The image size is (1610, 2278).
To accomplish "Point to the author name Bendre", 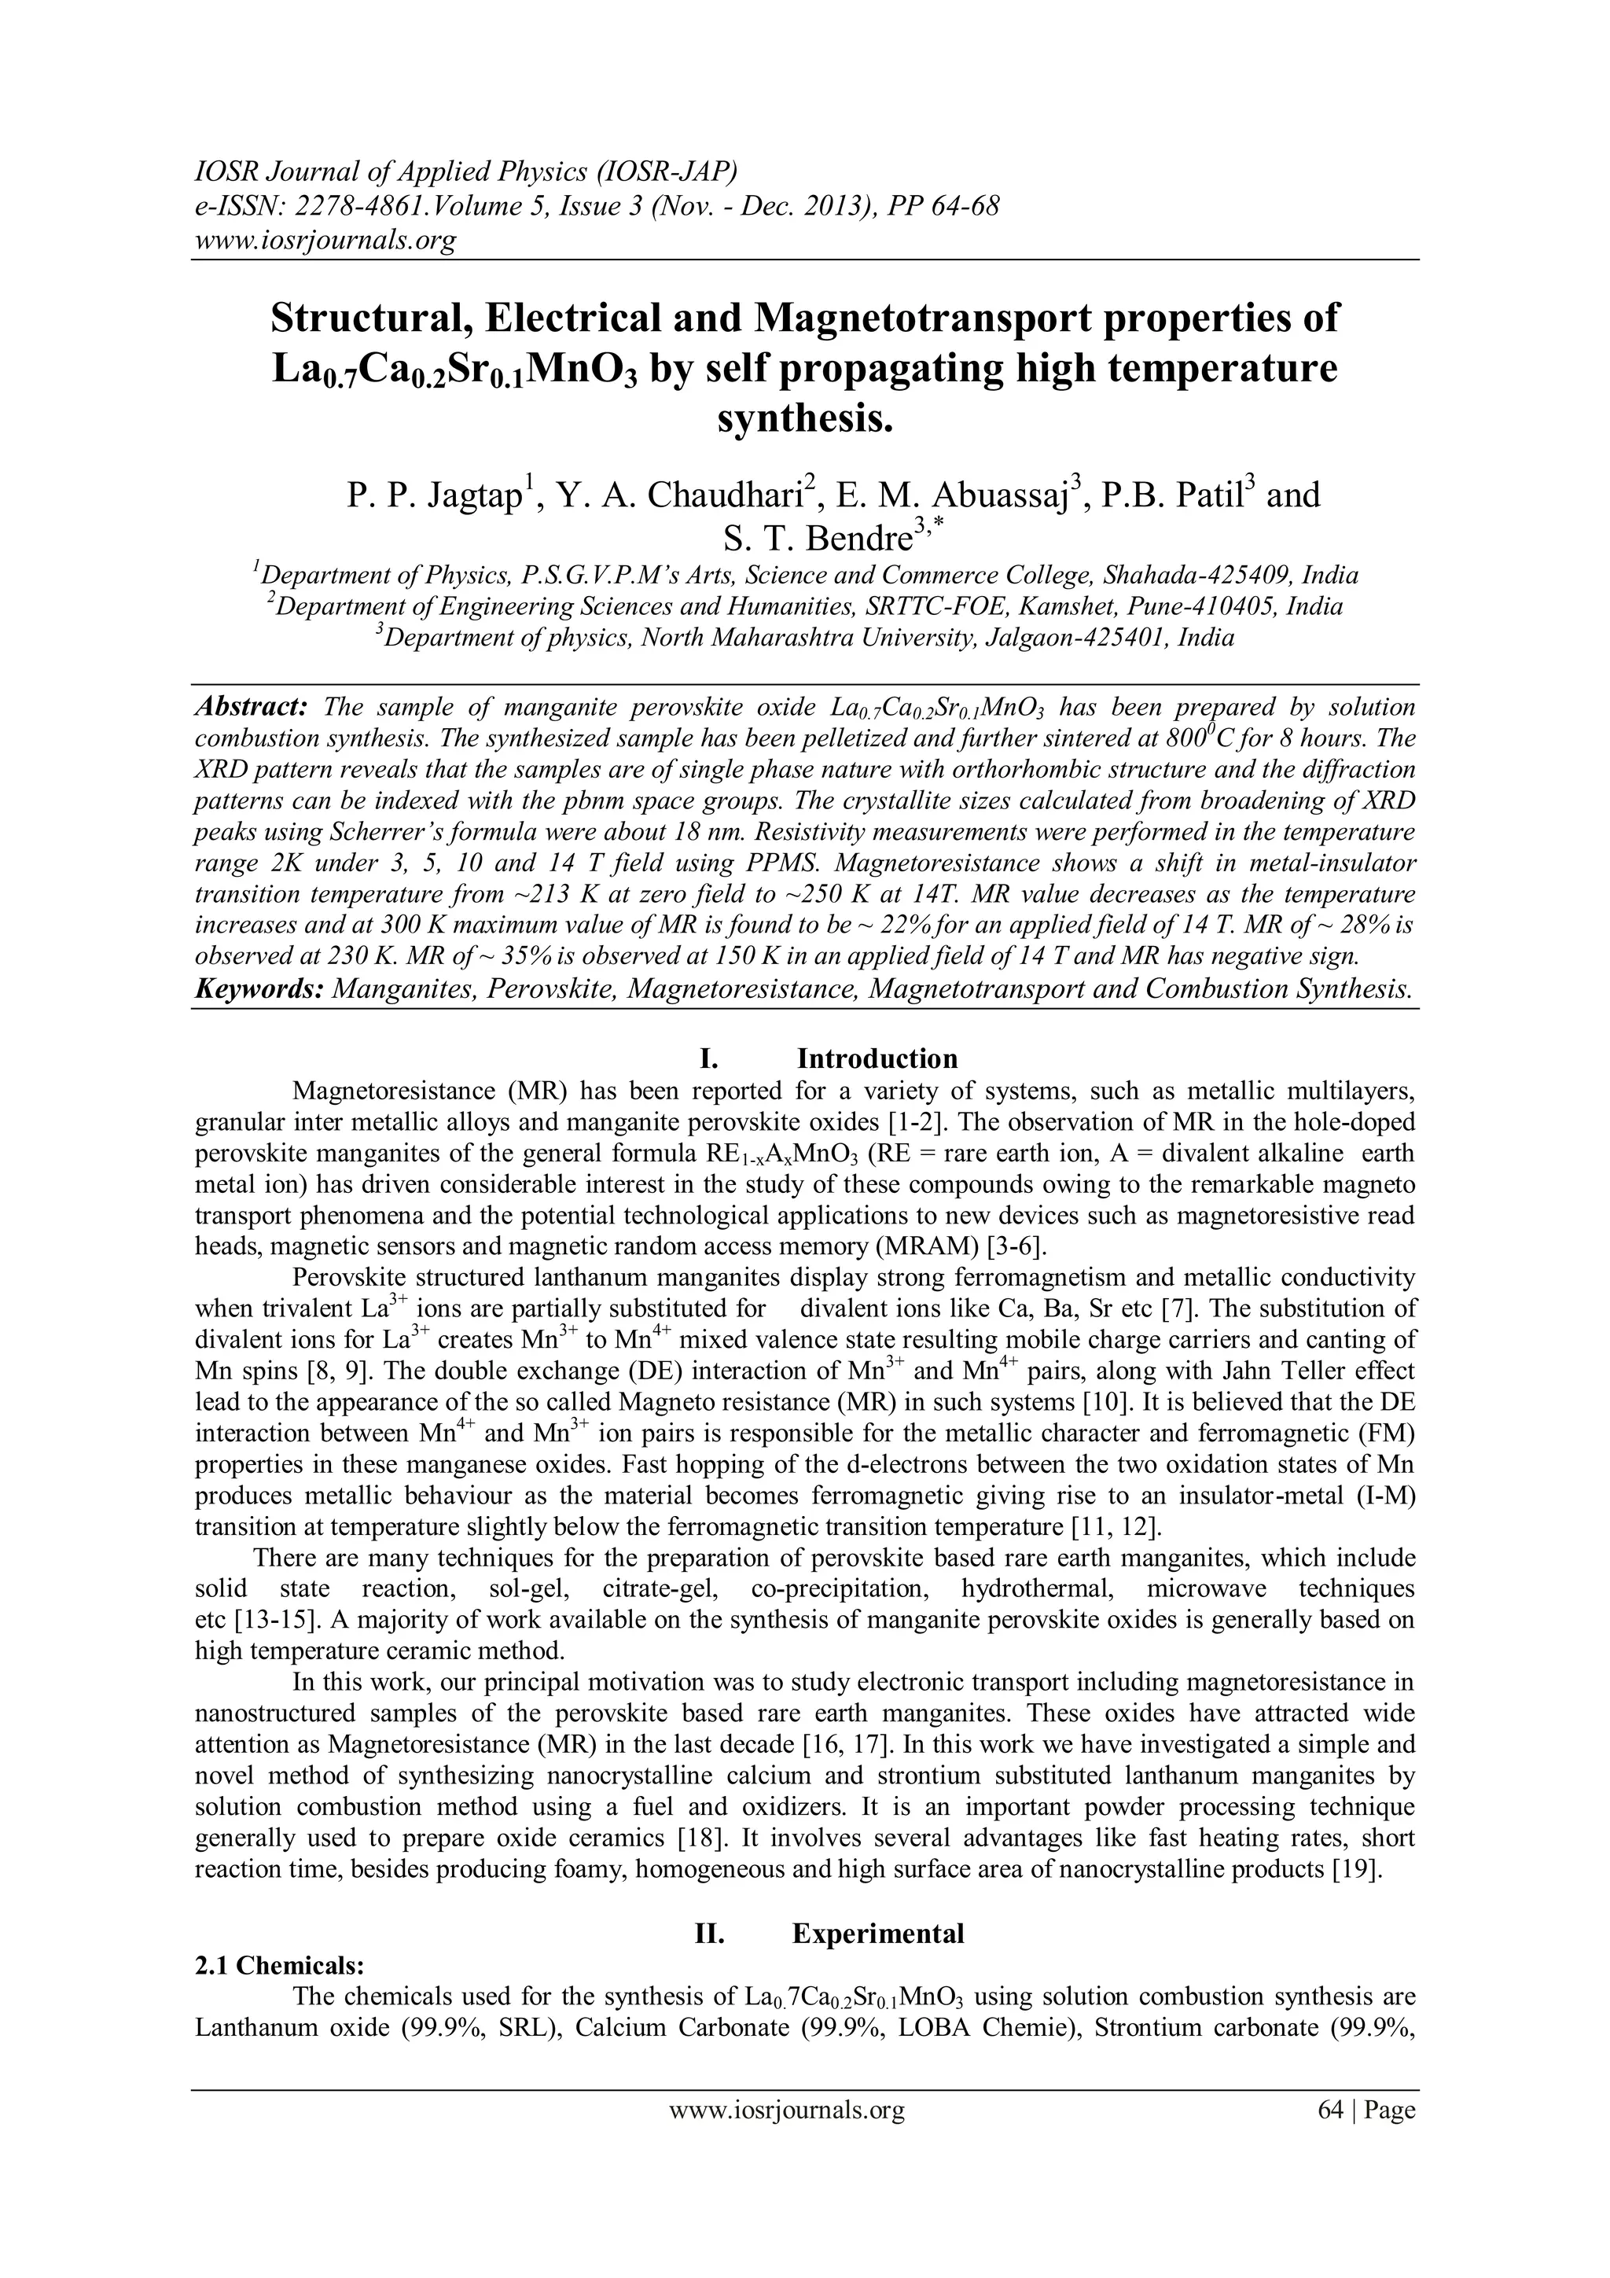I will point(859,539).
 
